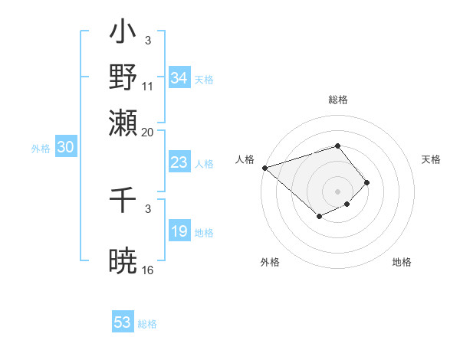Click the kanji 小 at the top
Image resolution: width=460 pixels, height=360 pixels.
click(123, 35)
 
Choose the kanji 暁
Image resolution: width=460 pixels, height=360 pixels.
click(123, 260)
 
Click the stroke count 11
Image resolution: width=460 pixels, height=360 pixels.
click(148, 86)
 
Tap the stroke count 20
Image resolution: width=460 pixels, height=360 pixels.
click(148, 132)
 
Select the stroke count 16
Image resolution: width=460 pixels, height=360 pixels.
click(148, 270)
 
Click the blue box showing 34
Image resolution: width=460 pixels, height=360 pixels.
click(179, 78)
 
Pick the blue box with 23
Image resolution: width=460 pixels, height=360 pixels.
click(179, 162)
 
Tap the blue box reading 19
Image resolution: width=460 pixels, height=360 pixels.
click(179, 231)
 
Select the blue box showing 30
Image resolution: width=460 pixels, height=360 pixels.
click(65, 148)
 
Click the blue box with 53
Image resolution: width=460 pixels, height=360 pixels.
click(123, 322)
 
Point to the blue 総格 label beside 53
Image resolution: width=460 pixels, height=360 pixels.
click(147, 324)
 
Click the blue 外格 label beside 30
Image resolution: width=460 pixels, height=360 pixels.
click(41, 149)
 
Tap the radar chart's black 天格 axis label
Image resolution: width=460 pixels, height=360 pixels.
click(431, 159)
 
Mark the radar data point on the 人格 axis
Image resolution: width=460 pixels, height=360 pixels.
click(264, 167)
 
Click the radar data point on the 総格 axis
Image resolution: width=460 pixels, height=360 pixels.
click(337, 146)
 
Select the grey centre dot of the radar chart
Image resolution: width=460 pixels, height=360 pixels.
click(337, 191)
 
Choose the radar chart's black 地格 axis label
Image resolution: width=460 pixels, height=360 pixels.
click(402, 262)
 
